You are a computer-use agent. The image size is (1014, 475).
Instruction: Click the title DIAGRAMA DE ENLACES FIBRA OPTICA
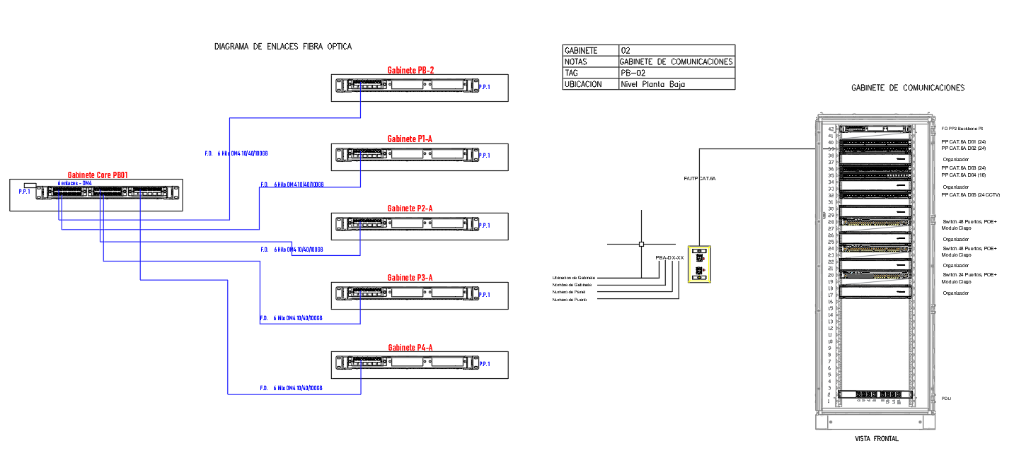(x=283, y=47)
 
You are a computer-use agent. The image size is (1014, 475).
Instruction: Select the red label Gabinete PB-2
(x=410, y=70)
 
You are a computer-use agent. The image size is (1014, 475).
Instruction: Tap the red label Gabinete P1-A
(x=410, y=139)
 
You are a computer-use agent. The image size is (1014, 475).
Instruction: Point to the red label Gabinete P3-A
(x=410, y=278)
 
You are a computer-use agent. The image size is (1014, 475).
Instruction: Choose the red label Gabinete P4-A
(x=410, y=348)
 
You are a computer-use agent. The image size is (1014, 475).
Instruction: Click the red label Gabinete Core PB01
(x=97, y=175)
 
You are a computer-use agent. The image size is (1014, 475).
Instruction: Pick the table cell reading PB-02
(x=633, y=73)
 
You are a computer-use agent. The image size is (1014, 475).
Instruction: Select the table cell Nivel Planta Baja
(x=652, y=84)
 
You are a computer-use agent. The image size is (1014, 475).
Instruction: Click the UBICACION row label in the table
(x=582, y=84)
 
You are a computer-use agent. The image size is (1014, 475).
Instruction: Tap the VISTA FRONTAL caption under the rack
(x=877, y=439)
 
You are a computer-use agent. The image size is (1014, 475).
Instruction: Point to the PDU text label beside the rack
(x=946, y=399)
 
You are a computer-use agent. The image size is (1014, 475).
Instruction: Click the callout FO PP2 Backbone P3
(x=962, y=129)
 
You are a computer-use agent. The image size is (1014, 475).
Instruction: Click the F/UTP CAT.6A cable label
(x=700, y=179)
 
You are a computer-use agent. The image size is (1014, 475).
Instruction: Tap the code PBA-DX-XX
(x=669, y=258)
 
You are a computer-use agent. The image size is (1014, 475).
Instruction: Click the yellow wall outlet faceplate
(x=699, y=264)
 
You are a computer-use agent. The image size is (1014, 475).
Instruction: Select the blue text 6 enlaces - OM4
(x=75, y=183)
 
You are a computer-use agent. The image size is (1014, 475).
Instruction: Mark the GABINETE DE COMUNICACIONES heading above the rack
(x=908, y=88)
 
